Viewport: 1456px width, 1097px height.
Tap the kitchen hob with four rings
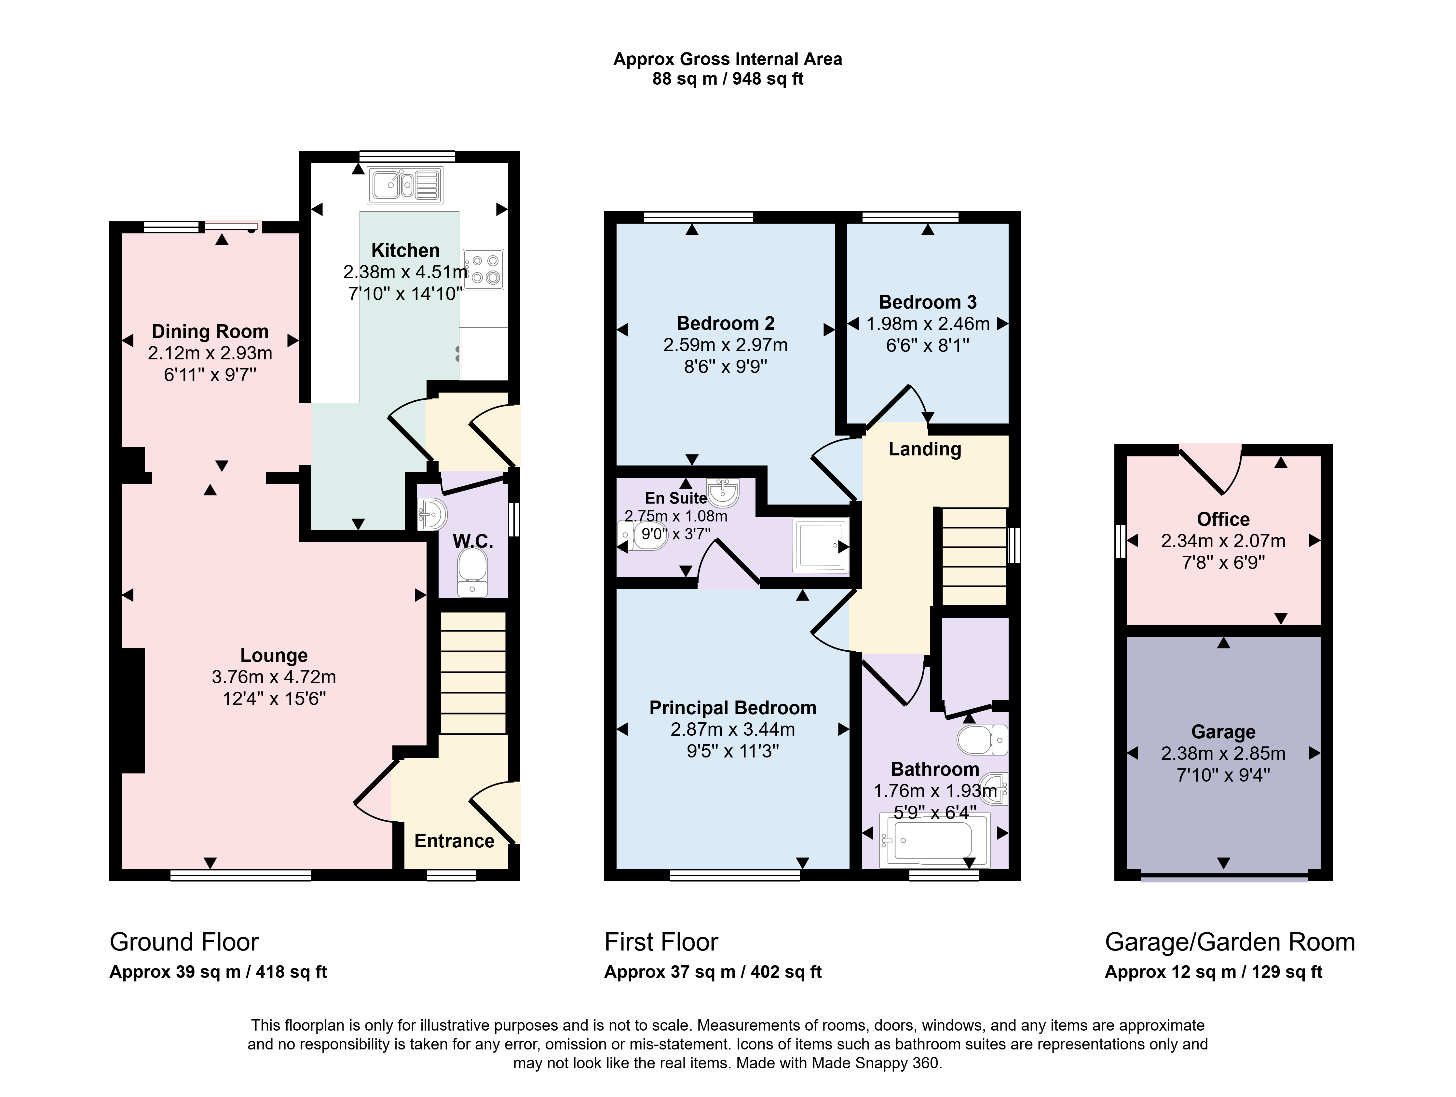[x=483, y=269]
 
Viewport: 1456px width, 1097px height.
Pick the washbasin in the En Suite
[x=723, y=491]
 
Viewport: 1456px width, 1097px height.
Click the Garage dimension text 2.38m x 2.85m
[x=1223, y=753]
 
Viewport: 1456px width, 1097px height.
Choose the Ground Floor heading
[x=184, y=942]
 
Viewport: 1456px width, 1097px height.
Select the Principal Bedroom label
[x=733, y=708]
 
